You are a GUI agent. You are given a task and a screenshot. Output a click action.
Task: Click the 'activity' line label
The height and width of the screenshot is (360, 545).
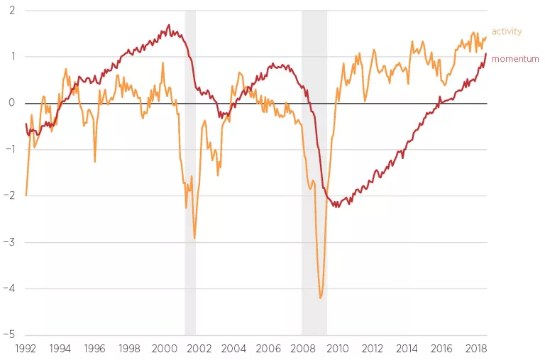coord(506,31)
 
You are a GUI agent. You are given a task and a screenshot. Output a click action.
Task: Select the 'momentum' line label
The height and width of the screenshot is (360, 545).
coord(515,59)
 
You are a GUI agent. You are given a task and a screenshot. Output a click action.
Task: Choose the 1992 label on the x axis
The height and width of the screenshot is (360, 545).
coord(26,349)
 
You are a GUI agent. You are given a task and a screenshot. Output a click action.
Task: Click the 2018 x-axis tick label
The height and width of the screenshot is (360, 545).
coord(475,349)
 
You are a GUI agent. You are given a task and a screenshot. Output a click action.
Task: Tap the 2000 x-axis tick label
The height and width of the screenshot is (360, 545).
coord(164,349)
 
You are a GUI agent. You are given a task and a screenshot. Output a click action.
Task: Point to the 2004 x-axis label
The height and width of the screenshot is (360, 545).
coord(233,349)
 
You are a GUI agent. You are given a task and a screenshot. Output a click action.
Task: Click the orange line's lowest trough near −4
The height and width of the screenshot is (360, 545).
coord(321,298)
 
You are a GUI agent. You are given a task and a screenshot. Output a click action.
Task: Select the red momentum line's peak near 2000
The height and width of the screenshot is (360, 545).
coord(169,25)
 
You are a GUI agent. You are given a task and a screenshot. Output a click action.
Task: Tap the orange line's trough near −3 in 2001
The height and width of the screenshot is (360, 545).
coord(194,239)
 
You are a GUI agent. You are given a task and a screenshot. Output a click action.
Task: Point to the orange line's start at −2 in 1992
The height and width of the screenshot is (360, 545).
coord(26,195)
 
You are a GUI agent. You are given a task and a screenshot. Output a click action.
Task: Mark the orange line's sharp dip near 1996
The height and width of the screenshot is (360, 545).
coord(95,162)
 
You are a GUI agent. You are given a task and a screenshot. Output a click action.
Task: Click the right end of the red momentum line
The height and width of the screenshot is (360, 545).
coord(486,54)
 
